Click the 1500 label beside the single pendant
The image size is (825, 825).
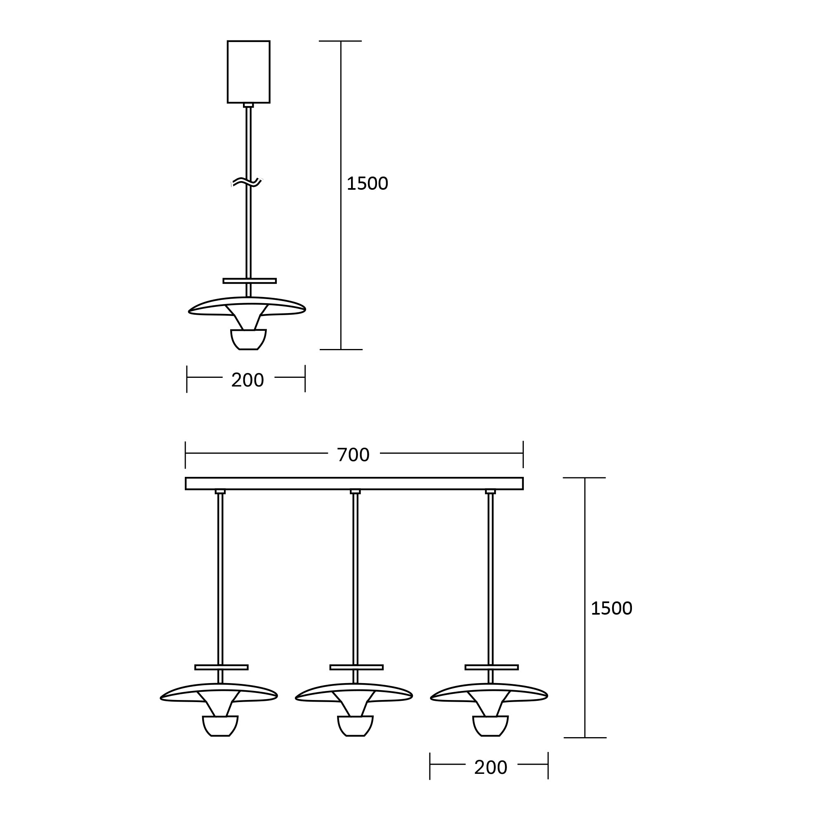pyautogui.click(x=367, y=184)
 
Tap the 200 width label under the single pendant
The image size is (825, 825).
pyautogui.click(x=247, y=380)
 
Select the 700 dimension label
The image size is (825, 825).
pyautogui.click(x=353, y=455)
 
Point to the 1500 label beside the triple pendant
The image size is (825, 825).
pyautogui.click(x=611, y=608)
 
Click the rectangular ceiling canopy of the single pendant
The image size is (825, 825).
pyautogui.click(x=248, y=72)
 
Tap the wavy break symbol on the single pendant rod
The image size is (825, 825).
pyautogui.click(x=246, y=182)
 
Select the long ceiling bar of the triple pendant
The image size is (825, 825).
pyautogui.click(x=354, y=483)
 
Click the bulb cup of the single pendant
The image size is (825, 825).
pyautogui.click(x=248, y=339)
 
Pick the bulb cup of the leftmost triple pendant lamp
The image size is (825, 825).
pyautogui.click(x=220, y=726)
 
